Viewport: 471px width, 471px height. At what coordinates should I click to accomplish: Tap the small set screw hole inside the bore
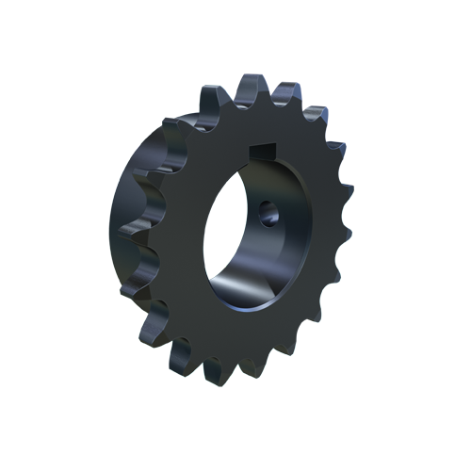point(271,217)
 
